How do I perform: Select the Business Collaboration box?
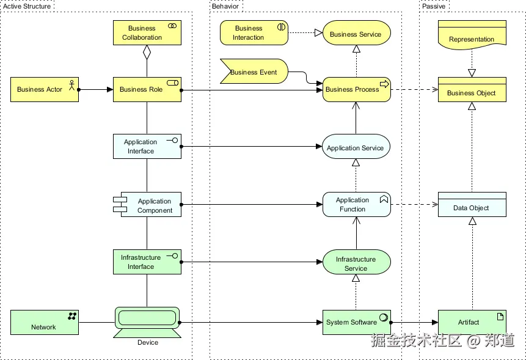pos(147,33)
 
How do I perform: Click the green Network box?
pos(44,322)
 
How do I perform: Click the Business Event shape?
pos(254,72)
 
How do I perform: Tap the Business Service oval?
pos(356,34)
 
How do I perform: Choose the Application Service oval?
pos(356,147)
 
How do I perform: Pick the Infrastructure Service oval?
pos(356,263)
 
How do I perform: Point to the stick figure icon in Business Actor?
pos(71,85)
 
